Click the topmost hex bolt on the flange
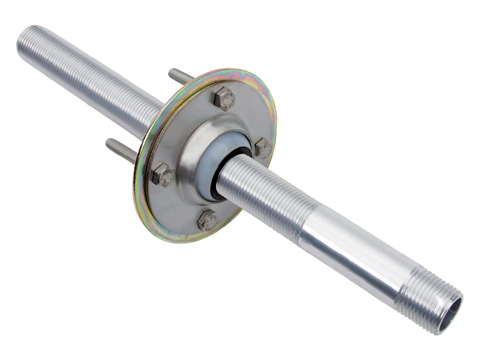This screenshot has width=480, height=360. coord(223,98)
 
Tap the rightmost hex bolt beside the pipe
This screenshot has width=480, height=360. coord(262,148)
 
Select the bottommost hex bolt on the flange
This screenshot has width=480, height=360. coord(206,220)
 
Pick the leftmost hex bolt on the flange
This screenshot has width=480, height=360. coord(163,175)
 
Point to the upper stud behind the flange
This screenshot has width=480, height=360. coord(181,76)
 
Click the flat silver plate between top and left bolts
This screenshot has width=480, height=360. coord(184,127)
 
